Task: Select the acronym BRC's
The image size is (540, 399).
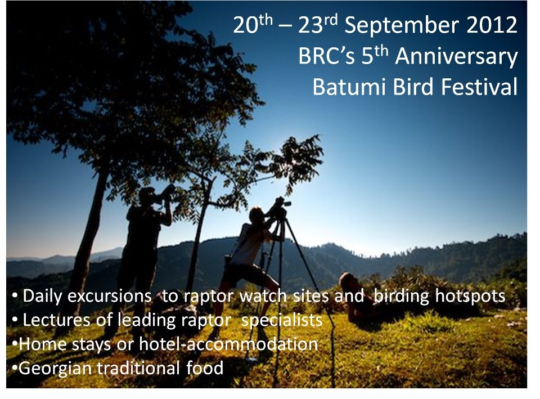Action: (326, 56)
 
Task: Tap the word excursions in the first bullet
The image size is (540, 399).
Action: (109, 296)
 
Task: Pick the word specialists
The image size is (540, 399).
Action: (282, 321)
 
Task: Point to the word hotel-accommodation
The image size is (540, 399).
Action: (228, 344)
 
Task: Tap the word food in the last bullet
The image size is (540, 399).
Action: (205, 368)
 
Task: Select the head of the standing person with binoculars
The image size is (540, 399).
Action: (147, 196)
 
